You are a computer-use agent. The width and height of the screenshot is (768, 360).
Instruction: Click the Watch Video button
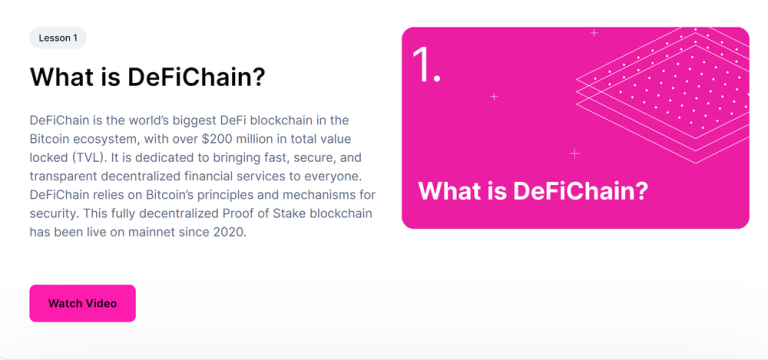[82, 303]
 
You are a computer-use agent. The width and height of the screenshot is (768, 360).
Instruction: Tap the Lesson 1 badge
[58, 38]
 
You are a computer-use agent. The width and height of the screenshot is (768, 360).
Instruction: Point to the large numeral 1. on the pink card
[426, 65]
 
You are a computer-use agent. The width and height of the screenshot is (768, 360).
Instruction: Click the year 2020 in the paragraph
[225, 232]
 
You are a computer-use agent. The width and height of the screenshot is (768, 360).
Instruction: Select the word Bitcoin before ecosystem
[54, 138]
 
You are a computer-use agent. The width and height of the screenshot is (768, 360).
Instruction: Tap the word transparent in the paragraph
[70, 176]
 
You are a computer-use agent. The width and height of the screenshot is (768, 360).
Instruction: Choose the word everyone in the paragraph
[339, 176]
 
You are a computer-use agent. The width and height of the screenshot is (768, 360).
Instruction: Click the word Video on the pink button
[100, 303]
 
